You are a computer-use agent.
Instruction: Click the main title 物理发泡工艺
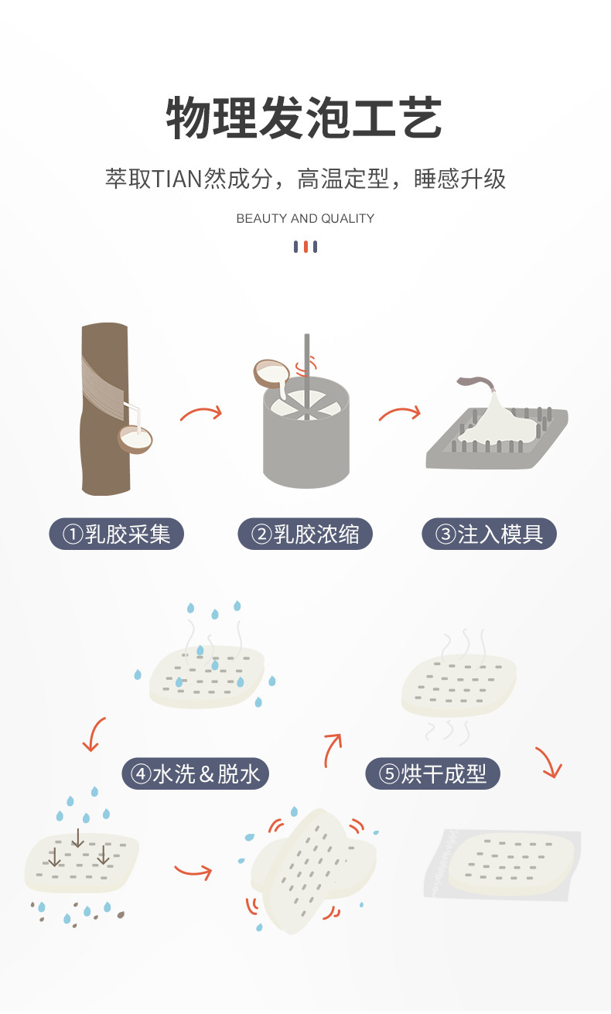(x=304, y=117)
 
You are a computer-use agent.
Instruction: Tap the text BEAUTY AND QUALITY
(x=305, y=219)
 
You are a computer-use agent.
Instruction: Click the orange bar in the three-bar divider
(x=305, y=247)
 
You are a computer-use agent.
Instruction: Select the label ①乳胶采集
(x=116, y=534)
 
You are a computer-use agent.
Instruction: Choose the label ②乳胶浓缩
(x=305, y=534)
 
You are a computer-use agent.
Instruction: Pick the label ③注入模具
(x=490, y=534)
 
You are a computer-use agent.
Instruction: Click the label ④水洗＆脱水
(x=195, y=773)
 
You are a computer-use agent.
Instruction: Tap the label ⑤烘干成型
(x=432, y=773)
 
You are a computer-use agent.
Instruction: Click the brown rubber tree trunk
(x=105, y=408)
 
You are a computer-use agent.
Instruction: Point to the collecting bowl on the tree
(x=135, y=439)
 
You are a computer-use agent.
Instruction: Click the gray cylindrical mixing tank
(x=306, y=432)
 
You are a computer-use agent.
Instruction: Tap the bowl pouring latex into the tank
(x=271, y=374)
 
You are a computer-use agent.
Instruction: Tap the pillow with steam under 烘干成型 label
(x=459, y=686)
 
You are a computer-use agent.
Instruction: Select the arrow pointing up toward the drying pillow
(x=332, y=749)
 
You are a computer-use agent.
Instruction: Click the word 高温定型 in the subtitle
(x=343, y=179)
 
